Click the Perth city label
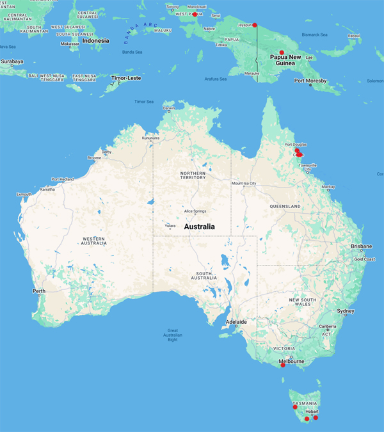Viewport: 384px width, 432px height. [39, 292]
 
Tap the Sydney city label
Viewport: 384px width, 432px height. [345, 311]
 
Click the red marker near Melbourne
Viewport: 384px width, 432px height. [283, 365]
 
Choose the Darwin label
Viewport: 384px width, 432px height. [168, 108]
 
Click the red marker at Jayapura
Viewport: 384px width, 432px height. [255, 25]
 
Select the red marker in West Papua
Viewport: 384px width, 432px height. [195, 14]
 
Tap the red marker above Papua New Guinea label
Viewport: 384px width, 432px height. [282, 52]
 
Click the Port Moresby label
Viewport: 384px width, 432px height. [310, 81]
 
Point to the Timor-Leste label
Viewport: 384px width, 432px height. [125, 77]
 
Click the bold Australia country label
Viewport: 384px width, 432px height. [199, 227]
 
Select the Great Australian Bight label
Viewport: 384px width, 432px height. [172, 335]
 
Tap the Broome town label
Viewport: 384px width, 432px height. [94, 157]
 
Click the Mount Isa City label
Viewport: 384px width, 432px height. [244, 184]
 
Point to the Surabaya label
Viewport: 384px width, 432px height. [12, 61]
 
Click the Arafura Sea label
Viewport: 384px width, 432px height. [216, 79]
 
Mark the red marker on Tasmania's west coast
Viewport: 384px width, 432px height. [295, 407]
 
